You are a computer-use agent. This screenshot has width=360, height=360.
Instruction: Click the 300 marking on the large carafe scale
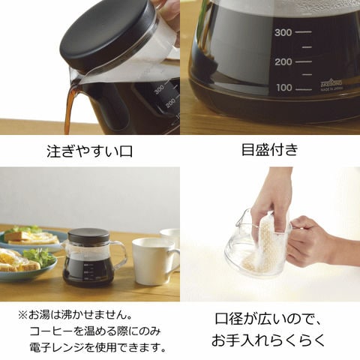point(283,32)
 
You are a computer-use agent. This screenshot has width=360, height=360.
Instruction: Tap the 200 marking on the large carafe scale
point(283,62)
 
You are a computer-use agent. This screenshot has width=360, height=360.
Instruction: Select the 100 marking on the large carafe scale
point(284,88)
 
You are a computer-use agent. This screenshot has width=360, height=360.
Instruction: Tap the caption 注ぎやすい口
point(89,151)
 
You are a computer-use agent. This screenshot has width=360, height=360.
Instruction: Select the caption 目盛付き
point(270,149)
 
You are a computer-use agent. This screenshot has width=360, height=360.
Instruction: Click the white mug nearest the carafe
point(154,261)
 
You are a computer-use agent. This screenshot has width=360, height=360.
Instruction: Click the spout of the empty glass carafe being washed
point(241,217)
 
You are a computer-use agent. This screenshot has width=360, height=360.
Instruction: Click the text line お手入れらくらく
point(268,340)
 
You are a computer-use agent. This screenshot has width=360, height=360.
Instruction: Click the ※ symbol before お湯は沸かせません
point(22,315)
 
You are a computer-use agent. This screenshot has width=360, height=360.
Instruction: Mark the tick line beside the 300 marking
point(304,32)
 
